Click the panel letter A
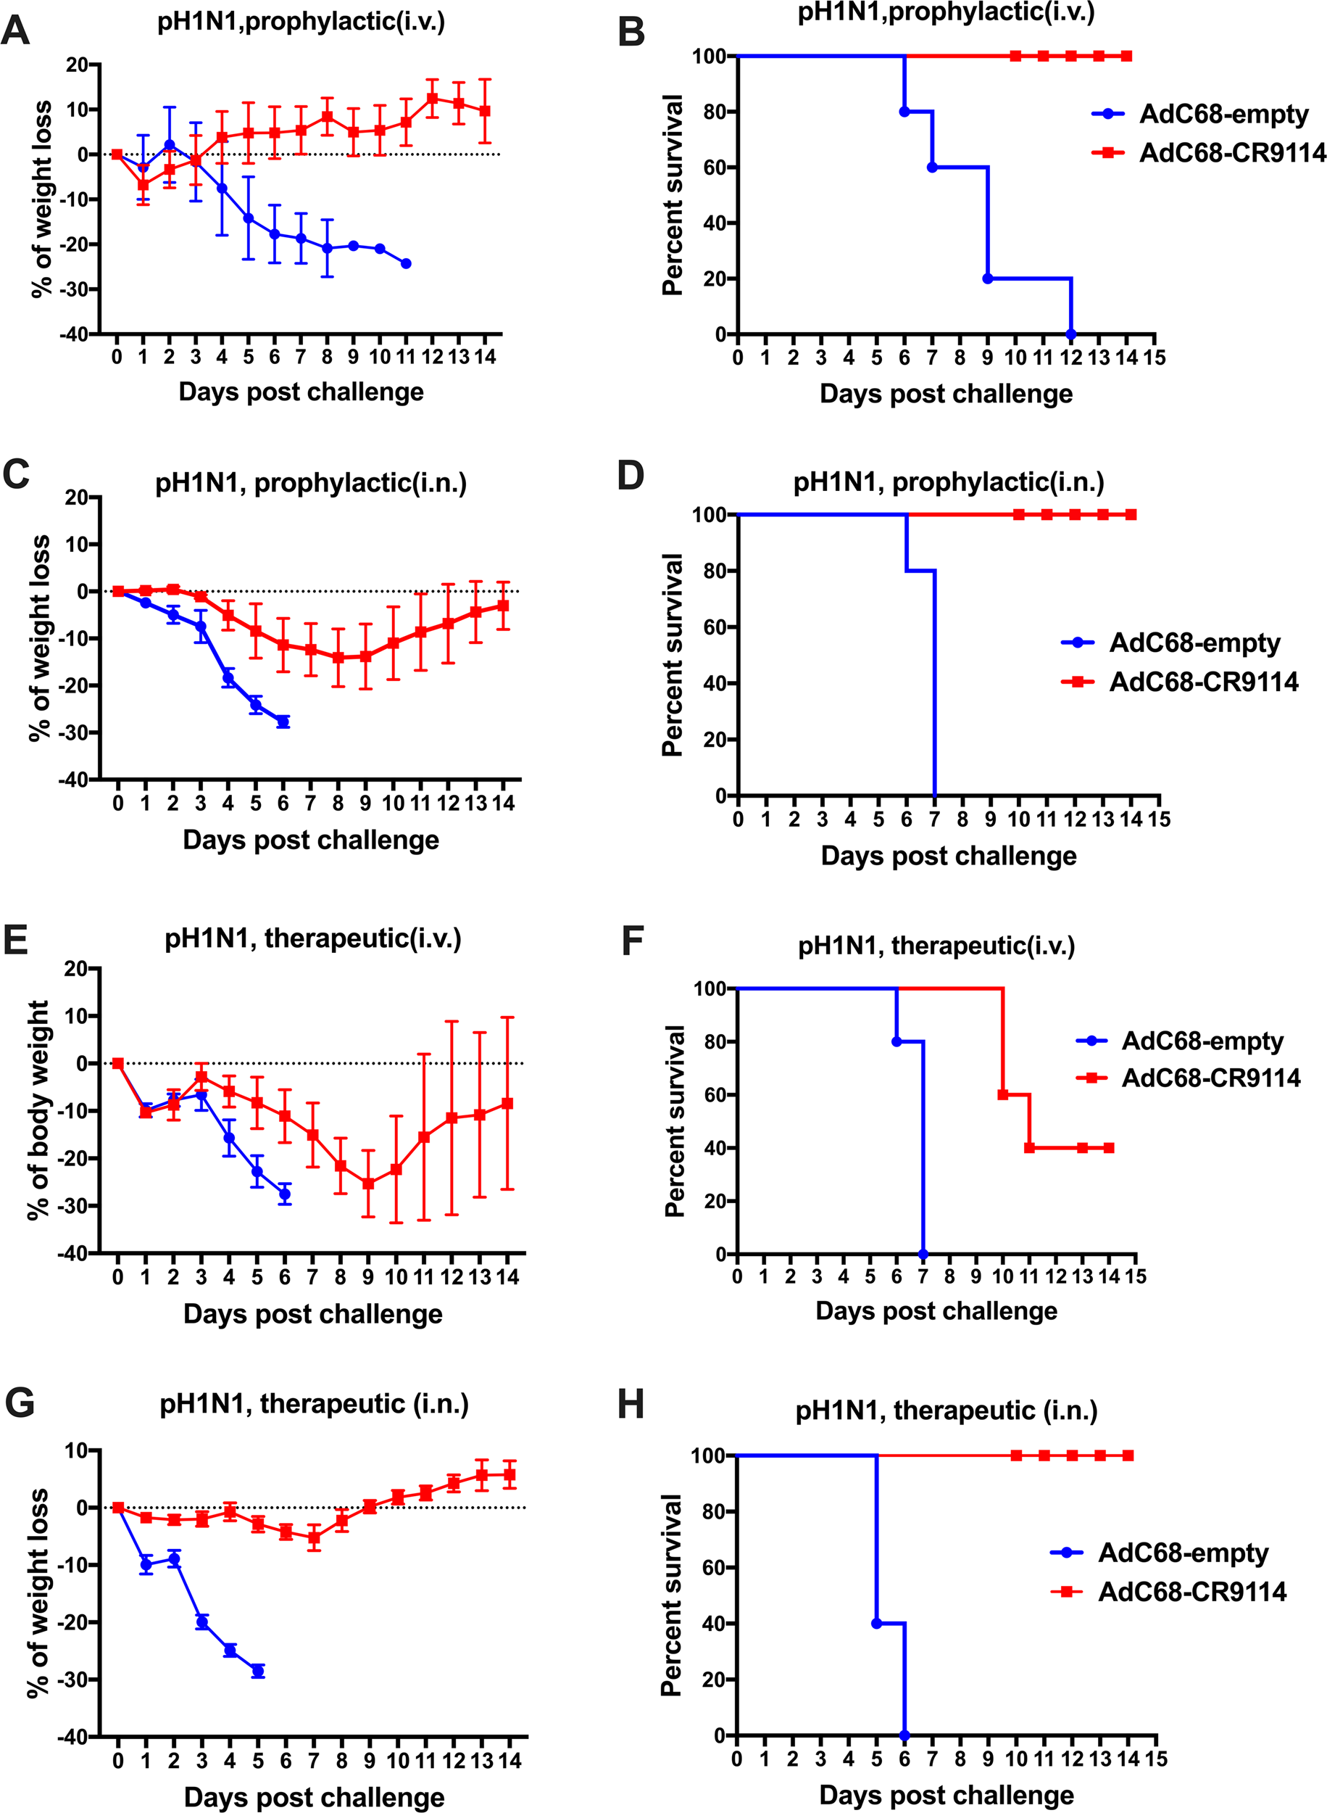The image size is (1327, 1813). (x=15, y=30)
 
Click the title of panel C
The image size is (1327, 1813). (x=311, y=484)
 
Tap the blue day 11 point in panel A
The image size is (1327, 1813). (x=406, y=263)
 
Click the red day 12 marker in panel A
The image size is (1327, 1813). (x=432, y=99)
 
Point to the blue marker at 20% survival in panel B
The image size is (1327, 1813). (x=988, y=279)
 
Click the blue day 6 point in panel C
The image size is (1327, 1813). (x=283, y=722)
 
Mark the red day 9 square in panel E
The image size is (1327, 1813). (x=368, y=1184)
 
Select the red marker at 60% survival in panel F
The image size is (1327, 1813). (x=1002, y=1094)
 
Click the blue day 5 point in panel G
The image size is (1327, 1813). (x=258, y=1672)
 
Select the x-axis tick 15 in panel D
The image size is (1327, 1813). (x=1159, y=819)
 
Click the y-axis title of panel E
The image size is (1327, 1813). (x=38, y=1110)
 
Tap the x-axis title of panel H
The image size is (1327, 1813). (x=947, y=1795)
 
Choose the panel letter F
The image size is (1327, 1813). (x=633, y=941)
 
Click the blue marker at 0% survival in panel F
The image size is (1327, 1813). (x=923, y=1255)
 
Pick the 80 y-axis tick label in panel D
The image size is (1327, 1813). (x=715, y=571)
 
